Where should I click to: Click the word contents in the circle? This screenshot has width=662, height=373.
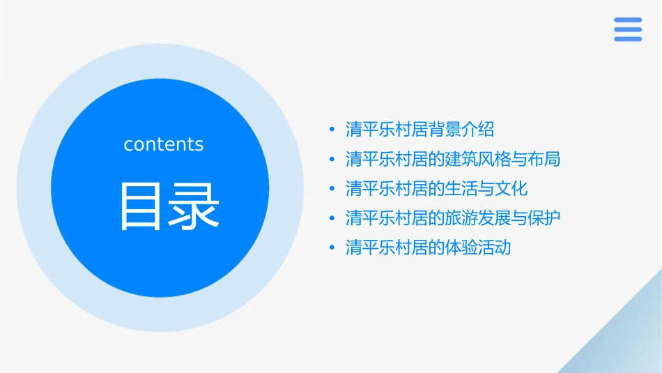coord(164,144)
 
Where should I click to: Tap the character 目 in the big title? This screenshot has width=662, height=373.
coord(143,206)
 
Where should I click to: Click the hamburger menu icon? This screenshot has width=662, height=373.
coord(628,29)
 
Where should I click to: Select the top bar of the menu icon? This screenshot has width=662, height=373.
coord(628,20)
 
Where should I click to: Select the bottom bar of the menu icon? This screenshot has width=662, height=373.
coord(628,39)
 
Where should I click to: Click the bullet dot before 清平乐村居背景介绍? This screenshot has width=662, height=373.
coord(332,130)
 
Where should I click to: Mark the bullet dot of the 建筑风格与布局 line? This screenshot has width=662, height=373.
coord(332,160)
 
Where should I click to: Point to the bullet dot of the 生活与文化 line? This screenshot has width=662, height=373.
coord(332,189)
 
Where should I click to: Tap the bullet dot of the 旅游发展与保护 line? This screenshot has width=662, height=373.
coord(332,218)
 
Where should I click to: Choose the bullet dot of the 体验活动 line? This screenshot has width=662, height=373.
coord(332,248)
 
